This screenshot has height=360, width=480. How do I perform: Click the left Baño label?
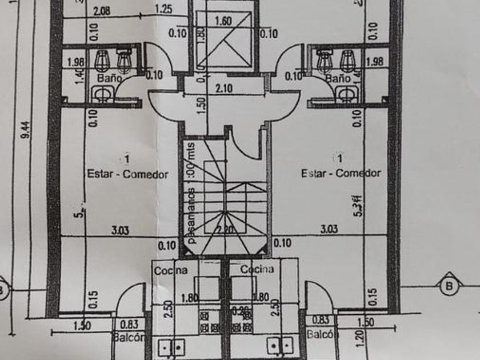[x=109, y=78]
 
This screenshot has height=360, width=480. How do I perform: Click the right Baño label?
[x=338, y=77]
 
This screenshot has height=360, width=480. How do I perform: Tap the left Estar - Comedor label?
[x=127, y=174]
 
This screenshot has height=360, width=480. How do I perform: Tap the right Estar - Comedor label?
[x=341, y=173]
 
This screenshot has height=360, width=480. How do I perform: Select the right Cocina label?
[x=257, y=269]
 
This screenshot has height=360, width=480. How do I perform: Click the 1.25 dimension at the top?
[x=163, y=10]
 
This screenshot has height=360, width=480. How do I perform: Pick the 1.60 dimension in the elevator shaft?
[x=223, y=21]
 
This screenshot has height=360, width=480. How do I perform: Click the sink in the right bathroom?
[x=345, y=93]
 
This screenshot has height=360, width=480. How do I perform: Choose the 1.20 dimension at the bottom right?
[x=359, y=338]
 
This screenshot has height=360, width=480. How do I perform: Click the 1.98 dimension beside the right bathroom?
[x=374, y=61]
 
